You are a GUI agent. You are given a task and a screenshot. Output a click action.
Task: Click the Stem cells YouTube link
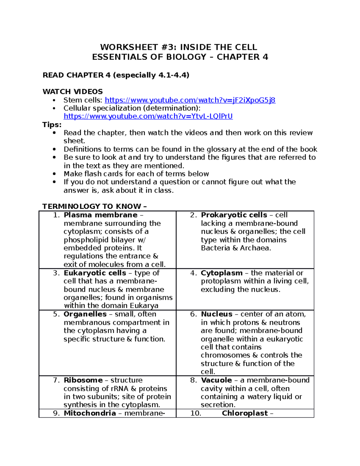point(190,100)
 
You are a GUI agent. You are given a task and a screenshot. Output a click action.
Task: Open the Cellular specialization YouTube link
point(148,116)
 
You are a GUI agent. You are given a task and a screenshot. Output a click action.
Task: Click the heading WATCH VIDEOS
point(73,92)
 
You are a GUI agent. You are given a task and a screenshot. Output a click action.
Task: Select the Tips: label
point(52,125)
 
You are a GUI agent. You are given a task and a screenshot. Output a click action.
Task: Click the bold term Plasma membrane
point(100,215)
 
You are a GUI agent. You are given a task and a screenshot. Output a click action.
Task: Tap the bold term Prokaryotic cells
point(234,215)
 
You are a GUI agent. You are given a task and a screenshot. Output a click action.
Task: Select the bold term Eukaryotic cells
point(95,273)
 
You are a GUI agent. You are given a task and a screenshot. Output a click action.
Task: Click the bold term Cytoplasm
point(221,273)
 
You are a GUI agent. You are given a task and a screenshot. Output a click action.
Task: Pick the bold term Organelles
point(85,314)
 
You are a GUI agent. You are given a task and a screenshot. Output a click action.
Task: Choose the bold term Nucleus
point(217,314)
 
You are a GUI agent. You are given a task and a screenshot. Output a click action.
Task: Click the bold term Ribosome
point(83,380)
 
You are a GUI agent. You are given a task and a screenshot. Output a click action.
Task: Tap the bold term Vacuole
point(216,380)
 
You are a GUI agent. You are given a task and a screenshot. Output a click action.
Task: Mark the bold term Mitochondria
point(90,413)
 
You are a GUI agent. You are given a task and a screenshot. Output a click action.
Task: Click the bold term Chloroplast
point(245,413)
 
